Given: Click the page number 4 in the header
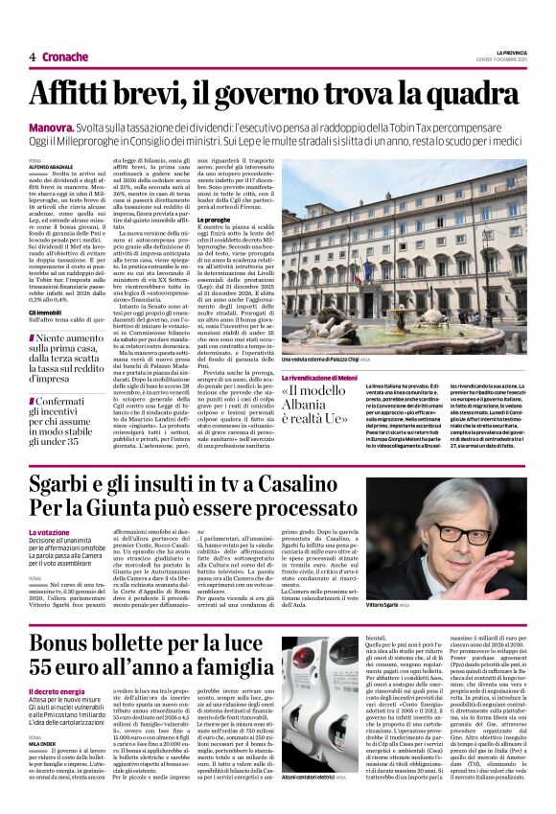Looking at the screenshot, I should (x=32, y=58).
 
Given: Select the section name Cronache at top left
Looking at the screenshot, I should (x=63, y=58).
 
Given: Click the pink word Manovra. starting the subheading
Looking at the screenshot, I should (x=54, y=127).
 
